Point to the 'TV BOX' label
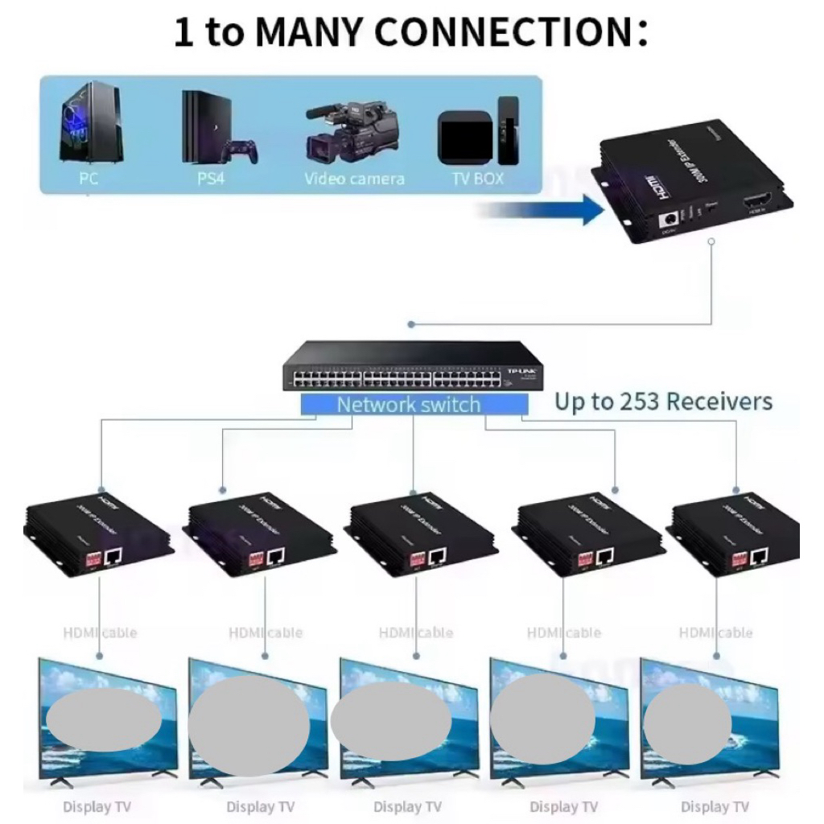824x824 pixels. click(x=478, y=179)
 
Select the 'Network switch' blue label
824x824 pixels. click(x=409, y=405)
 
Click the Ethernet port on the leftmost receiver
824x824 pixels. click(x=113, y=554)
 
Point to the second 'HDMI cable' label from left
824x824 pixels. click(x=266, y=633)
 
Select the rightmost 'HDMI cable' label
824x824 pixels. click(x=716, y=633)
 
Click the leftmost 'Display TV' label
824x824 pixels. click(x=97, y=806)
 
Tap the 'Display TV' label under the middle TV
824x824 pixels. click(x=408, y=806)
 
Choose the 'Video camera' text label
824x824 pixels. click(x=354, y=179)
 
